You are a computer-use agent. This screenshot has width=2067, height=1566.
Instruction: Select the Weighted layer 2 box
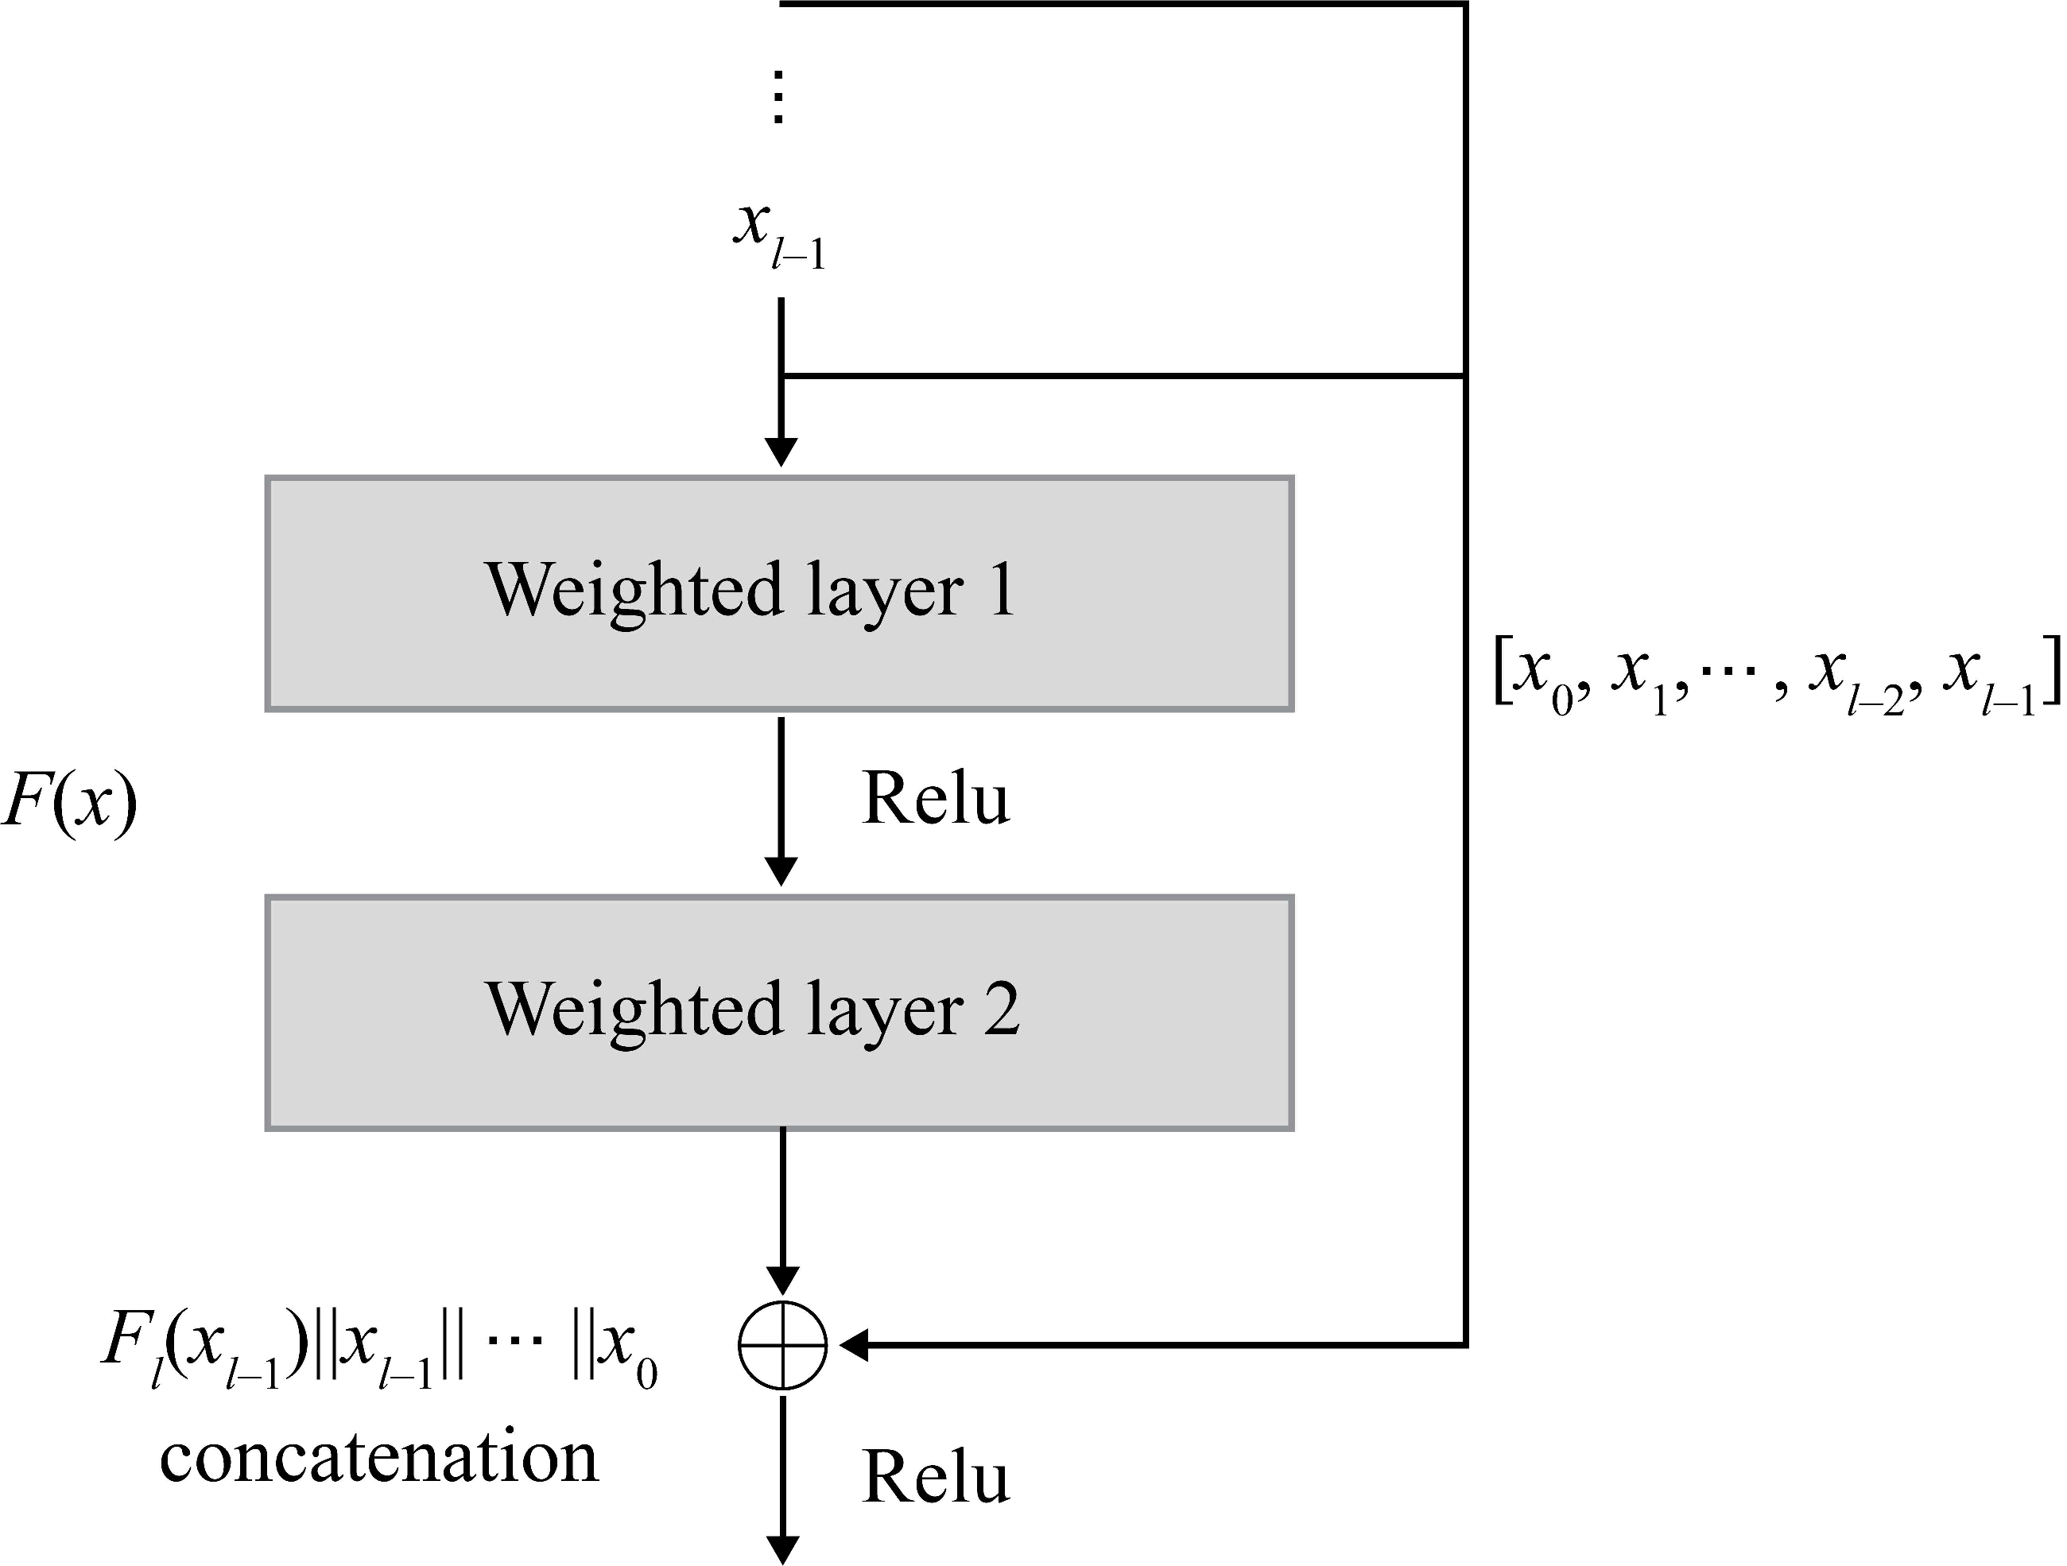point(779,1014)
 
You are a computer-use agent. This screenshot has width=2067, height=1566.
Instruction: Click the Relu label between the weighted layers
point(936,799)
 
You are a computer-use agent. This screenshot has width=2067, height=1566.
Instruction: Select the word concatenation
point(378,1458)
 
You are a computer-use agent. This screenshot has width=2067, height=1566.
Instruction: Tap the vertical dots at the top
point(778,96)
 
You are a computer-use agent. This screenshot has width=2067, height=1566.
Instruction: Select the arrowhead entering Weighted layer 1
point(781,453)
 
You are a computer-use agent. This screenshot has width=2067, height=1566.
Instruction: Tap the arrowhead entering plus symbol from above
point(782,1279)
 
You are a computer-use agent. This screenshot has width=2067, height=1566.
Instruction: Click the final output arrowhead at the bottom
point(782,1550)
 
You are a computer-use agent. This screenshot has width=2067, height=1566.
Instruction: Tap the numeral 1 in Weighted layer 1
point(1002,590)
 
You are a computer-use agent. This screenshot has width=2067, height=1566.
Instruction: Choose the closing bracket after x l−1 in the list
point(2052,671)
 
